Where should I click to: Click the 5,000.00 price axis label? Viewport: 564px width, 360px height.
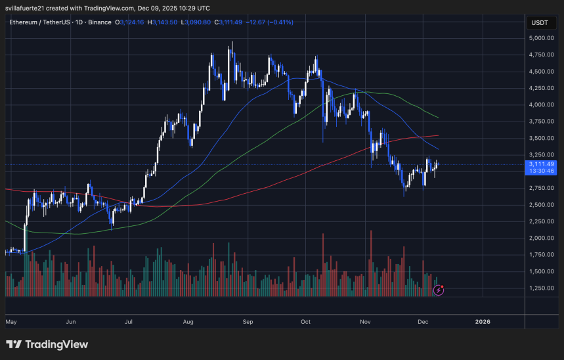click(x=542, y=38)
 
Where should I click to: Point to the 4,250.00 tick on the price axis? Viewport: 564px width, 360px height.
click(x=542, y=88)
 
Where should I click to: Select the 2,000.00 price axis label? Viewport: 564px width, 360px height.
click(x=542, y=238)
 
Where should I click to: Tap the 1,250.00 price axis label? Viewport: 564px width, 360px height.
click(x=542, y=288)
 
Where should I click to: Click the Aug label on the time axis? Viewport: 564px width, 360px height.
click(x=188, y=322)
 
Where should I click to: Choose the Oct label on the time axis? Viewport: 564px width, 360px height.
click(x=305, y=322)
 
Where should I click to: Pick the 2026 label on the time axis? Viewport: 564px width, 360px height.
click(x=483, y=322)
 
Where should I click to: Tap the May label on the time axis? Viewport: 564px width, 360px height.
click(x=11, y=322)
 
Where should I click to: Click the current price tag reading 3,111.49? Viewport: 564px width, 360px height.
click(x=542, y=164)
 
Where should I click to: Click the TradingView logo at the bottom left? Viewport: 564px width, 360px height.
click(x=47, y=344)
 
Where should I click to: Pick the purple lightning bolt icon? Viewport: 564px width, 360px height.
click(x=438, y=290)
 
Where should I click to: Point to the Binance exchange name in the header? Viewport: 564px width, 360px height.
click(x=100, y=22)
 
